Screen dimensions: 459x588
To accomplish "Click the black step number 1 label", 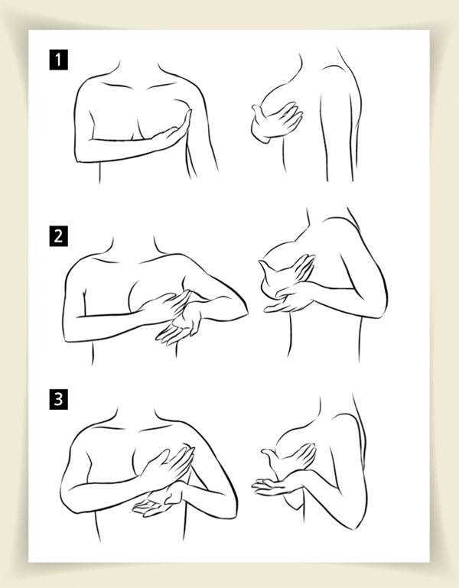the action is (59, 60).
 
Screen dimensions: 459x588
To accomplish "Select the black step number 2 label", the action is (59, 236).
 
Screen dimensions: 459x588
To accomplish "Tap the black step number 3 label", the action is (59, 399).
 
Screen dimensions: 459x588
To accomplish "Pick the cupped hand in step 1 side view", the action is (277, 121).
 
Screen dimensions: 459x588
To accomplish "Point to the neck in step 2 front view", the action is (133, 248).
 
